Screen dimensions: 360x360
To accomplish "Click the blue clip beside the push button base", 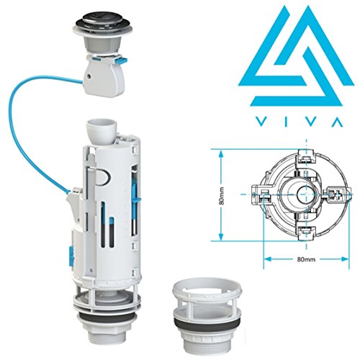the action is tap(122, 60).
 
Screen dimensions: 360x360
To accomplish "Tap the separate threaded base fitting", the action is tap(207, 318).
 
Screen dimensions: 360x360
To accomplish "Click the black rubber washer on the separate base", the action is tap(207, 324).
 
